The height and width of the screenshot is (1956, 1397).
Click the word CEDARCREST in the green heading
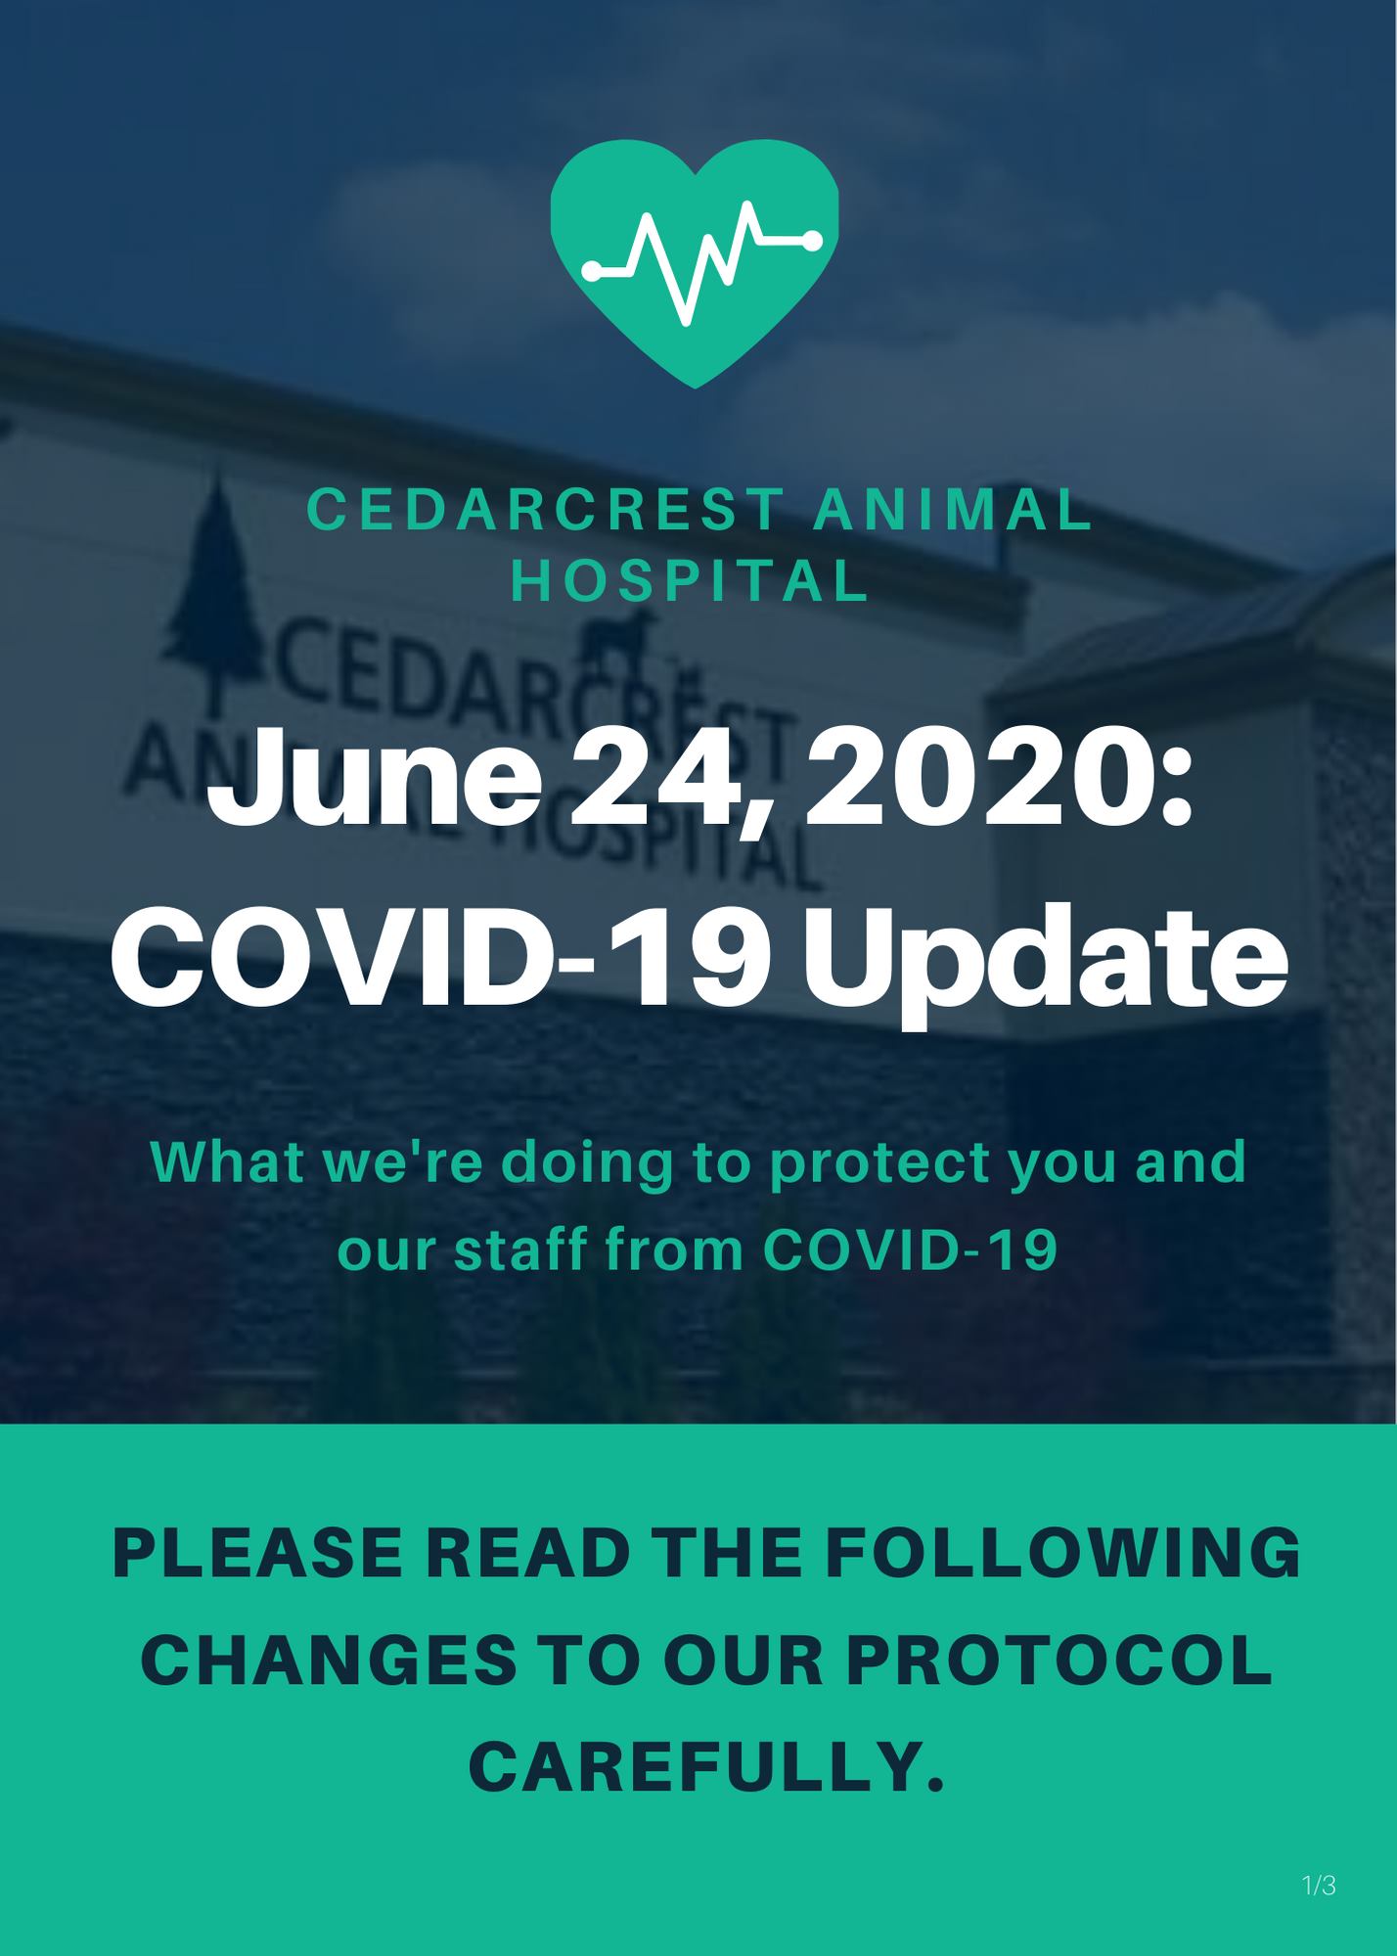544,511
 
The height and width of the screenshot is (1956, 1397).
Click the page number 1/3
1319,1886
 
